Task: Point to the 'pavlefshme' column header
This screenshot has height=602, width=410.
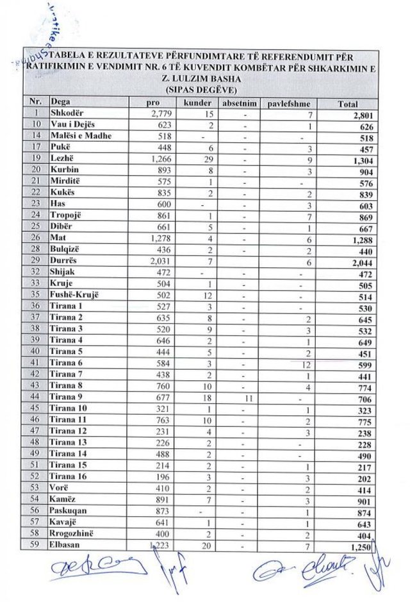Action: (287, 103)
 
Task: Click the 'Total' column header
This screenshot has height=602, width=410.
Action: (348, 104)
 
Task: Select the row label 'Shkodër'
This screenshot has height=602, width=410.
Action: (69, 114)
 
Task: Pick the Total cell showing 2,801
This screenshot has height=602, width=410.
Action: (357, 115)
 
